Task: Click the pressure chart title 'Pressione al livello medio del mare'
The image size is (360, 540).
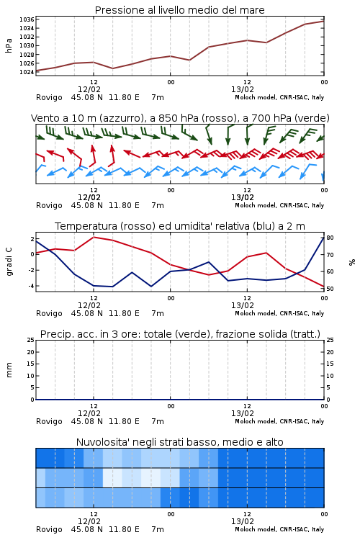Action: (x=179, y=10)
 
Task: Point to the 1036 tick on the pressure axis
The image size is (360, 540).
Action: (x=27, y=19)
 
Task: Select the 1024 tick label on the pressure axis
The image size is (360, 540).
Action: (x=27, y=72)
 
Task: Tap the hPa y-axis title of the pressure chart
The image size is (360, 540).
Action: (x=9, y=45)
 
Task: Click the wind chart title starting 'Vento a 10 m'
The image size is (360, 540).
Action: (x=180, y=118)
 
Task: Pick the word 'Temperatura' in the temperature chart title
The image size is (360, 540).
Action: (x=86, y=226)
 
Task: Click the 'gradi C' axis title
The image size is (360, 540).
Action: (x=9, y=262)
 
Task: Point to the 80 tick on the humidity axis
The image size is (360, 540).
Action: (x=330, y=238)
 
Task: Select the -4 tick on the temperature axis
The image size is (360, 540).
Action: (x=31, y=286)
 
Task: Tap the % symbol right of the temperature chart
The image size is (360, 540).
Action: (x=352, y=262)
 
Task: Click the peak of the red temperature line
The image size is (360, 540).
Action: (x=94, y=237)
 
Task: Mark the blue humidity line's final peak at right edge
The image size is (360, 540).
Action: (x=324, y=238)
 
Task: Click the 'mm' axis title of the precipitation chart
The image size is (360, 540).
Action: (x=9, y=370)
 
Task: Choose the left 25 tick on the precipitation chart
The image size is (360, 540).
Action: (x=31, y=341)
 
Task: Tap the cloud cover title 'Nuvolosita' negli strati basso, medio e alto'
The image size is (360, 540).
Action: (x=179, y=442)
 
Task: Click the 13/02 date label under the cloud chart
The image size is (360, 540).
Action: (x=242, y=521)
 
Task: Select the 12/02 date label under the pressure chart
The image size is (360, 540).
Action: (x=89, y=89)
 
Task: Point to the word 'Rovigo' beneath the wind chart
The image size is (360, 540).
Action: (x=49, y=206)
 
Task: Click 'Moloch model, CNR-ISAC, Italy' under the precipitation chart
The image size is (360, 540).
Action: (x=279, y=421)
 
